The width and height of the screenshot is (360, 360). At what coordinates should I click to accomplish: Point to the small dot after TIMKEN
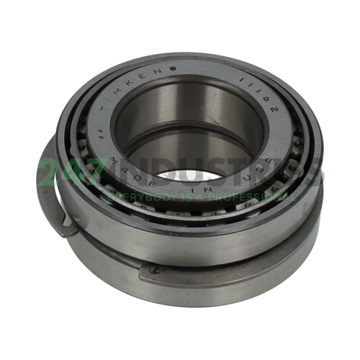173,69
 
